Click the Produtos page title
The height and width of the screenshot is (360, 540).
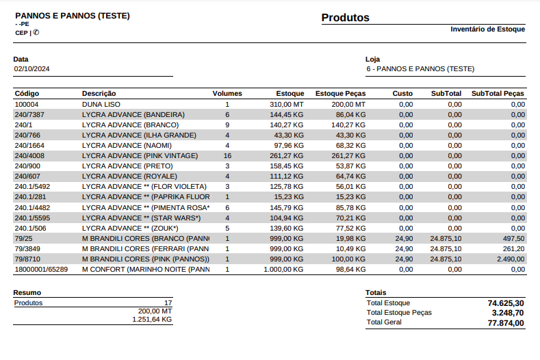pyautogui.click(x=345, y=18)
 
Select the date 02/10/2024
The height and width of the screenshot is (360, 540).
pyautogui.click(x=32, y=69)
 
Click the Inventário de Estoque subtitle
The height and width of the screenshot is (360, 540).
pyautogui.click(x=487, y=29)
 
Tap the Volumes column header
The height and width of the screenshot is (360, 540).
pyautogui.click(x=227, y=93)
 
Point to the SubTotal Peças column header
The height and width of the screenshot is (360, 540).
pyautogui.click(x=498, y=93)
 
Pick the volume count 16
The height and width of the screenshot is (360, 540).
pyautogui.click(x=227, y=156)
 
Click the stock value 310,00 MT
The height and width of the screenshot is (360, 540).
pyautogui.click(x=285, y=104)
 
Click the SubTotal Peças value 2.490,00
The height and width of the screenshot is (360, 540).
pyautogui.click(x=511, y=259)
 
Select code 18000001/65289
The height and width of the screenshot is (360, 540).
pyautogui.click(x=41, y=270)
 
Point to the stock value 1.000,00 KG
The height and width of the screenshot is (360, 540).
pyautogui.click(x=283, y=270)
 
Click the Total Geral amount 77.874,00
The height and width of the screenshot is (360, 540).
pyautogui.click(x=506, y=322)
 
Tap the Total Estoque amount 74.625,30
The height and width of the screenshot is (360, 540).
pyautogui.click(x=506, y=303)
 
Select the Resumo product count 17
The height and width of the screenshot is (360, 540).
pyautogui.click(x=168, y=303)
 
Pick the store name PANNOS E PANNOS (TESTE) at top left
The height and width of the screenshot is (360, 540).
pyautogui.click(x=73, y=15)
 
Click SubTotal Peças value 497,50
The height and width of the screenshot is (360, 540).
pyautogui.click(x=513, y=239)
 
